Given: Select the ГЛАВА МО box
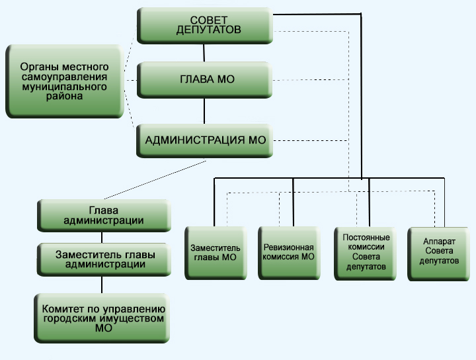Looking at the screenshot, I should click(x=205, y=80).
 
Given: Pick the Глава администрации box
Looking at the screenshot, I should click(x=104, y=214).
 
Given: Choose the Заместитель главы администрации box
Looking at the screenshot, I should click(x=102, y=258).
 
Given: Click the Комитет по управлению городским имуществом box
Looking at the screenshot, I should click(x=104, y=318).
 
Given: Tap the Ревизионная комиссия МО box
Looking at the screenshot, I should click(x=289, y=251).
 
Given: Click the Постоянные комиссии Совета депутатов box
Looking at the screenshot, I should click(x=366, y=252).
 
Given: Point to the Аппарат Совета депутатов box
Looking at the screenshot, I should click(x=439, y=251).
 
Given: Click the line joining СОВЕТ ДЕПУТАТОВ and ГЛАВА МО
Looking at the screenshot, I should click(x=204, y=51).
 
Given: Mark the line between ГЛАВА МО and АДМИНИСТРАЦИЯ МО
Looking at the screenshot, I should click(x=204, y=109).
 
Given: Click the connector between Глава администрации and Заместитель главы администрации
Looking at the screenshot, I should click(x=102, y=236).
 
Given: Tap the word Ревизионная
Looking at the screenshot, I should click(x=288, y=247).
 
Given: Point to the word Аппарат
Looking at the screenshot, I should click(x=439, y=242).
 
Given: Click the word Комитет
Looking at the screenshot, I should click(x=62, y=309).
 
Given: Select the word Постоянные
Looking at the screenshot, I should click(x=366, y=238).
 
